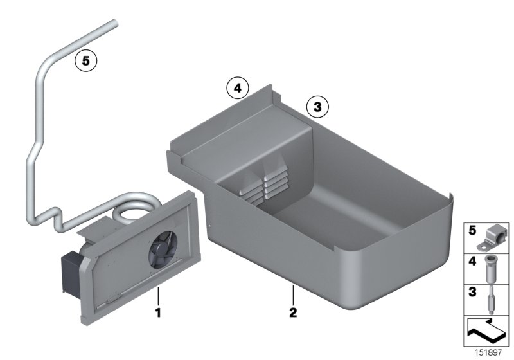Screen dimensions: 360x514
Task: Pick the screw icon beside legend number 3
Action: (493, 299)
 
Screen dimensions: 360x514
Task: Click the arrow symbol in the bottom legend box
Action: (486, 332)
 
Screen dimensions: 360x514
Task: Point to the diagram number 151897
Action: (493, 354)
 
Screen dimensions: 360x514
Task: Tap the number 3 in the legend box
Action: (472, 291)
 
